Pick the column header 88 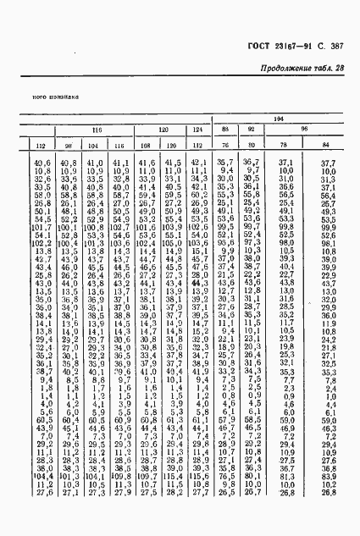[224, 129]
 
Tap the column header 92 [251, 129]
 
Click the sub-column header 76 [224, 145]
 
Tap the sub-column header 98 [68, 145]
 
